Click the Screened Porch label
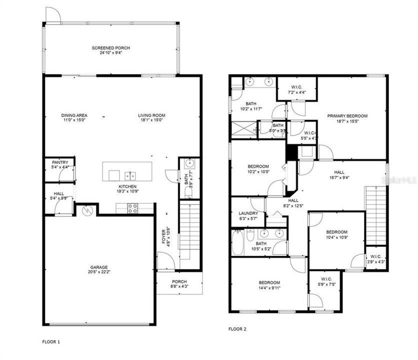(110, 48)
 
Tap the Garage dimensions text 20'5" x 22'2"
(98, 273)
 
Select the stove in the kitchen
(133, 208)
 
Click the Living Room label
(151, 115)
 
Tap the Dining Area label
(74, 115)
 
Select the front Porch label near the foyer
(179, 281)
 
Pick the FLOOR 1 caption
(51, 342)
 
